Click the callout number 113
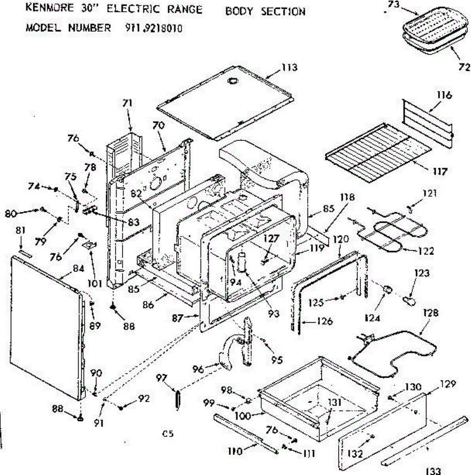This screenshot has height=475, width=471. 289,68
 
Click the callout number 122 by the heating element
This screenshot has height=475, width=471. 425,251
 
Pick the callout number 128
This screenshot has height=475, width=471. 430,313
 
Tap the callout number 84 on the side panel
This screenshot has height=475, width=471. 78,268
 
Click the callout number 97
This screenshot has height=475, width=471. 161,378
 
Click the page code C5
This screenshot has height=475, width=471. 168,433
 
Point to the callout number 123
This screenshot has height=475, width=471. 422,273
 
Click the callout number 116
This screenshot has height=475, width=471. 444,95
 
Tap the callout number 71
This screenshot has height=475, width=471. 127,103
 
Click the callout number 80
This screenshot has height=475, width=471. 11,214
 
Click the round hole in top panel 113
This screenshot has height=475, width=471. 232,81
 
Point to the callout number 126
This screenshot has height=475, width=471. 325,321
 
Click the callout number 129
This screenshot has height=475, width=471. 448,384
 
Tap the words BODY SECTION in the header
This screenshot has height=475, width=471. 265,11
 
